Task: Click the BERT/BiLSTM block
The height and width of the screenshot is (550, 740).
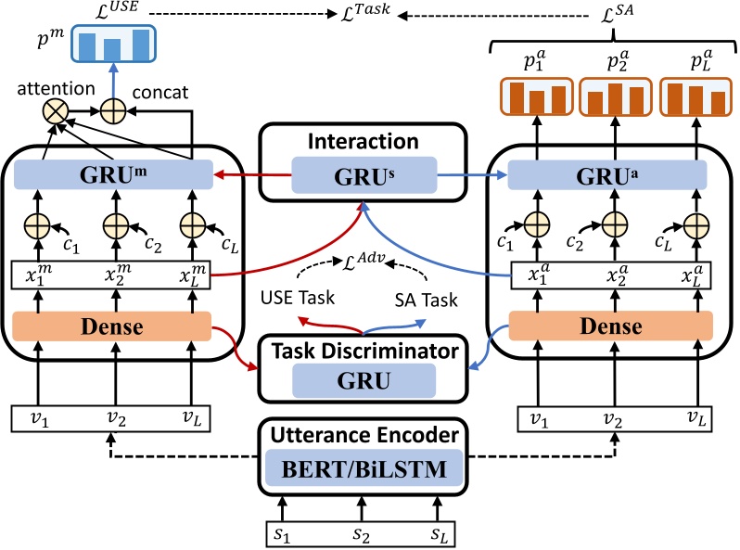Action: tap(369, 470)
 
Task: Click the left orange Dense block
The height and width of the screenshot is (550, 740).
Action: tap(113, 326)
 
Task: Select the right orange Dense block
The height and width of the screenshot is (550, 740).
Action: tap(609, 326)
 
